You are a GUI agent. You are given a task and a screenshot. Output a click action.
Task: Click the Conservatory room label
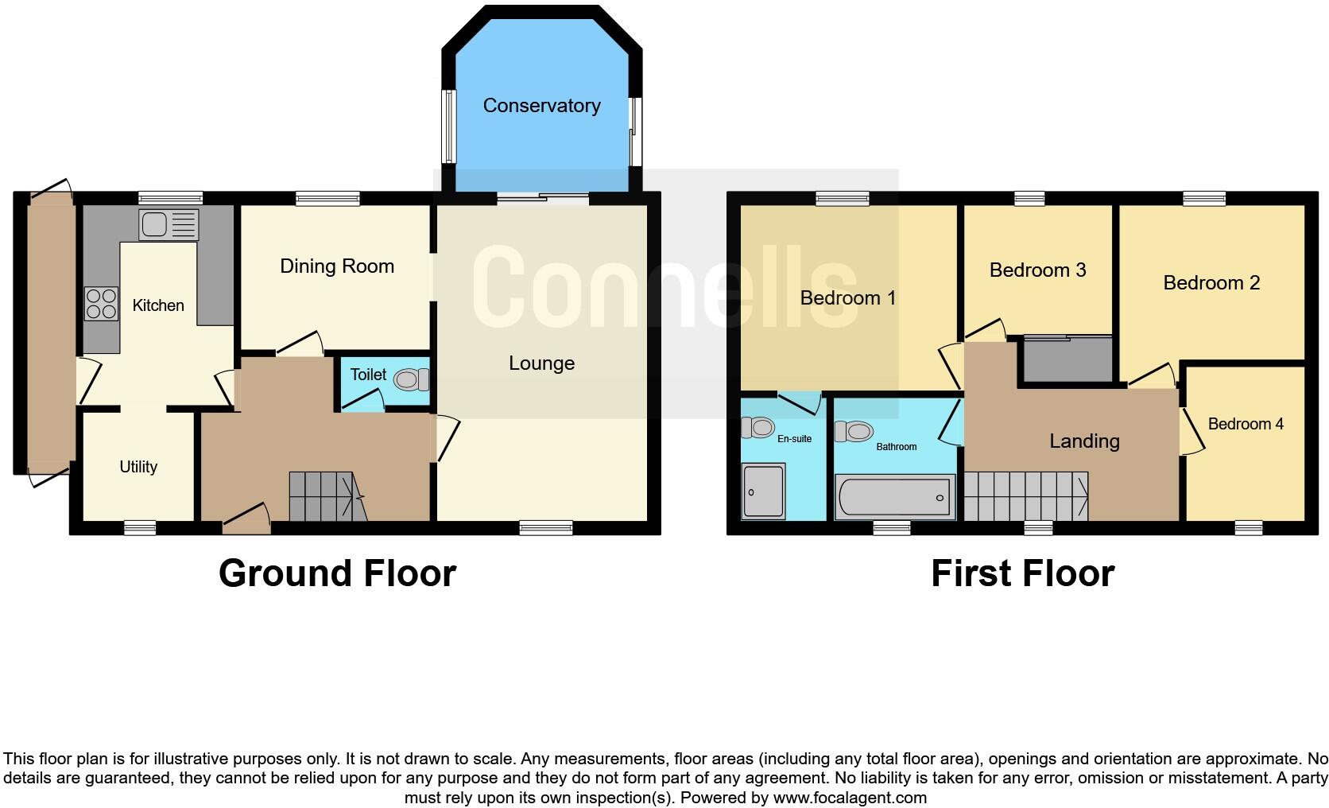click(x=541, y=106)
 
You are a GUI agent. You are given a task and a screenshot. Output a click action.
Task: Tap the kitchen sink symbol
click(x=168, y=224)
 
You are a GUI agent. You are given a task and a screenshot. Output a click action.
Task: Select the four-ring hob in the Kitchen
click(x=101, y=303)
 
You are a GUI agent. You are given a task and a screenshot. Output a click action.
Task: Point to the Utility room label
click(x=138, y=467)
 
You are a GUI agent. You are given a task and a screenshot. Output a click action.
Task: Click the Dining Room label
click(x=337, y=266)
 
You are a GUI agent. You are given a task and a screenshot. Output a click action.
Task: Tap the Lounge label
click(x=541, y=363)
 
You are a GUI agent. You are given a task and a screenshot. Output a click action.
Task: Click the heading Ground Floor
click(x=337, y=573)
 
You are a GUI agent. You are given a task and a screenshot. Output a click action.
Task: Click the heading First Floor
click(x=1022, y=573)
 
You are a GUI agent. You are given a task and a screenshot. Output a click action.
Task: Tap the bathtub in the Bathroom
click(x=895, y=497)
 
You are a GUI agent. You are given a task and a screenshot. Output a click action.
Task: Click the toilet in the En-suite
click(x=758, y=428)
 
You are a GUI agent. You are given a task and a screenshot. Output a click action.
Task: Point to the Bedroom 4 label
click(x=1245, y=424)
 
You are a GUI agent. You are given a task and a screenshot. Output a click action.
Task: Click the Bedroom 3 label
click(x=1037, y=270)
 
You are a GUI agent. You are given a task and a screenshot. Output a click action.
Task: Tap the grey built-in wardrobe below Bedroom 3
click(x=1067, y=360)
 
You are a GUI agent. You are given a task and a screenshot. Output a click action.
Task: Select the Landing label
click(x=1084, y=441)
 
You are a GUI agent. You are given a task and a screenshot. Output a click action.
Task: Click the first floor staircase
click(x=1025, y=496)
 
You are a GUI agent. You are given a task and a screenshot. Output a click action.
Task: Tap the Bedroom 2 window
click(x=1203, y=198)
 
